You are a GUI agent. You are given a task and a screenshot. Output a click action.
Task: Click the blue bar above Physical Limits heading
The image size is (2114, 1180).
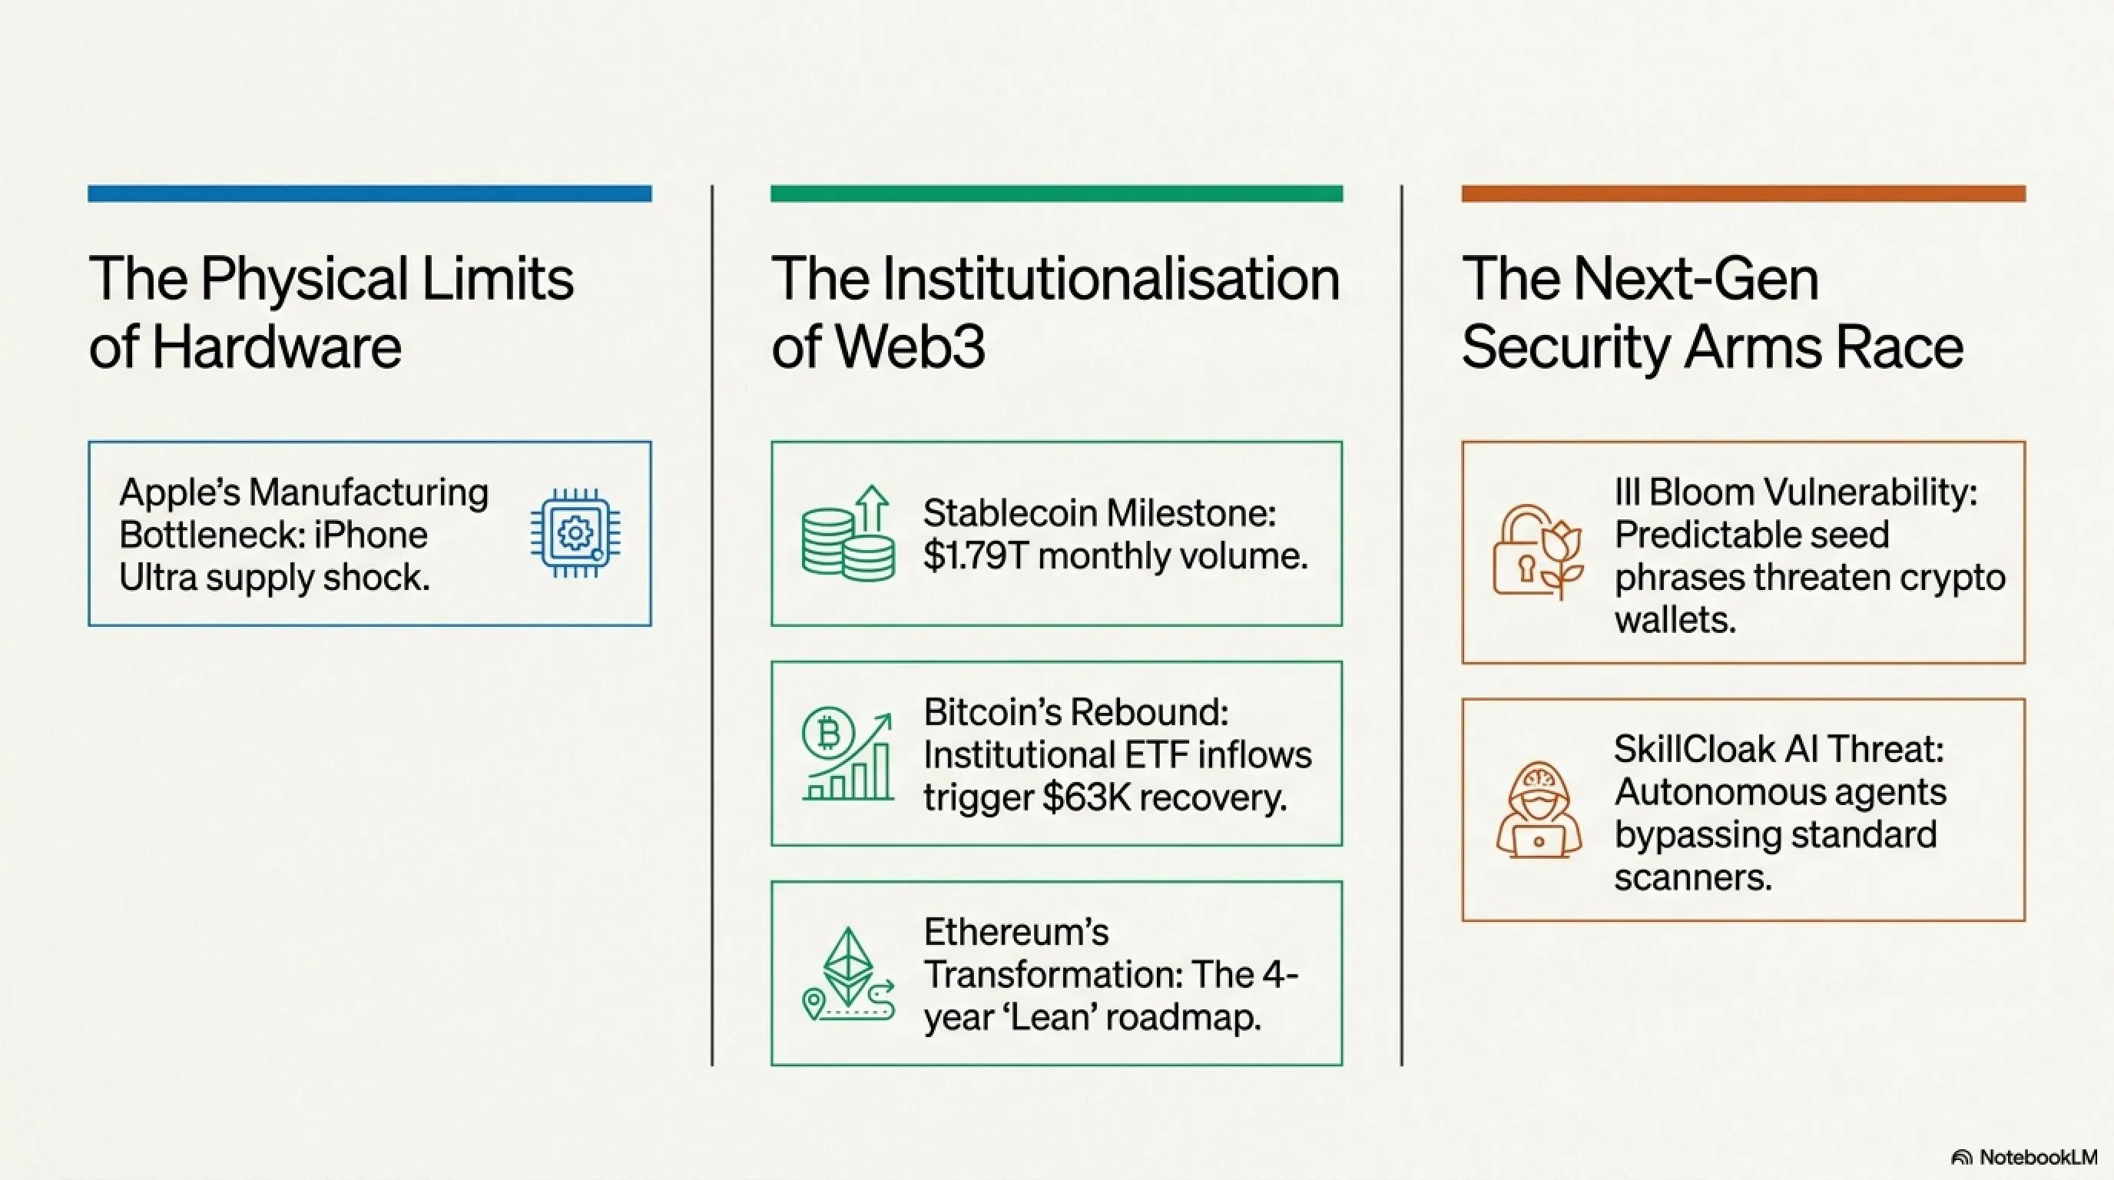click(x=369, y=194)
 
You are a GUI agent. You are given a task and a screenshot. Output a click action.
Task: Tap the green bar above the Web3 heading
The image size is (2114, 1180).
click(x=1056, y=194)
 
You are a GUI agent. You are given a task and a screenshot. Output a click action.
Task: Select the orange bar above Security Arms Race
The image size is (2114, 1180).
click(x=1743, y=194)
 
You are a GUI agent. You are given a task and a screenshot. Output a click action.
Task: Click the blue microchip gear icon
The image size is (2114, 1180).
click(x=575, y=533)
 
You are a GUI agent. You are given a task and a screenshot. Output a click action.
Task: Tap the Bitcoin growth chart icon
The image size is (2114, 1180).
click(x=848, y=754)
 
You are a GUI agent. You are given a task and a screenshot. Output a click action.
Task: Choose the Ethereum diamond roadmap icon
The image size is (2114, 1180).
click(x=848, y=974)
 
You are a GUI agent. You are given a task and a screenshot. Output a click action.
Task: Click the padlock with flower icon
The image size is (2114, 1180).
click(x=1538, y=552)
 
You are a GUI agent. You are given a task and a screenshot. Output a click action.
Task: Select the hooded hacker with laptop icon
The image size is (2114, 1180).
click(x=1538, y=810)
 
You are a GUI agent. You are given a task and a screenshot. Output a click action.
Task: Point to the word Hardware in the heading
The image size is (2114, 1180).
click(x=277, y=347)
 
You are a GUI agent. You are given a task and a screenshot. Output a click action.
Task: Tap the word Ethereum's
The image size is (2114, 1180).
click(x=1016, y=932)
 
